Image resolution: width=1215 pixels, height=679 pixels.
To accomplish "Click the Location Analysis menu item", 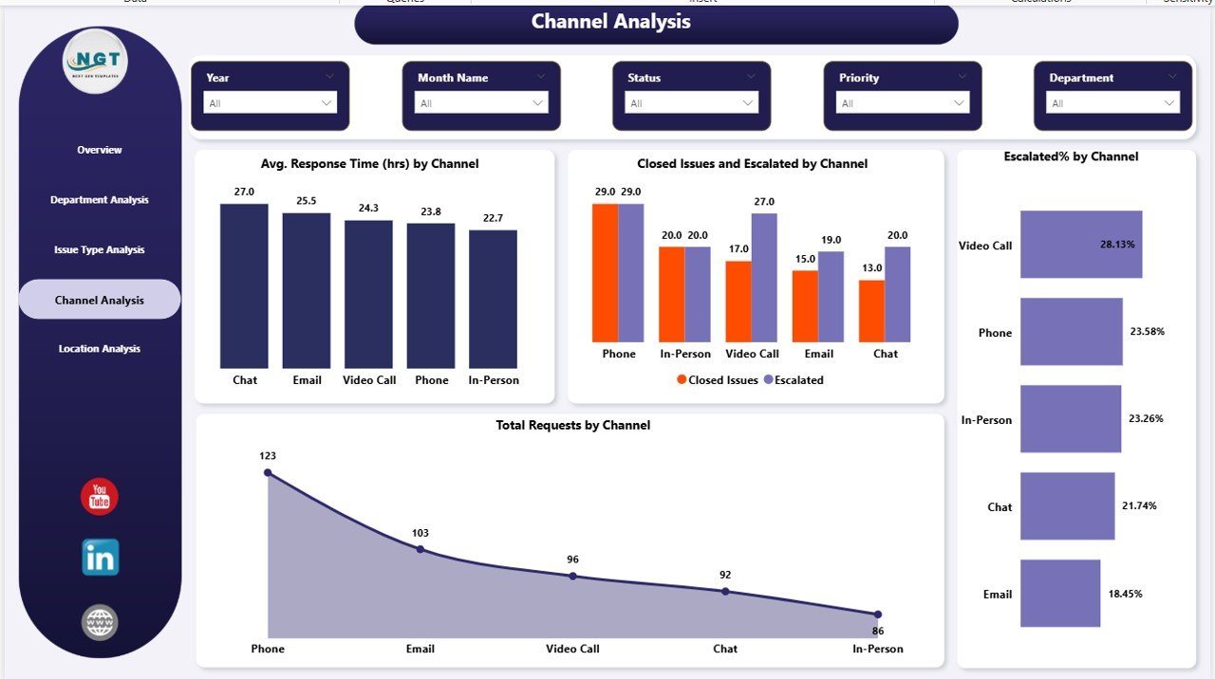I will tap(99, 349).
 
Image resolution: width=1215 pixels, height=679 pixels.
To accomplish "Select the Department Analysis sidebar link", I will tap(99, 200).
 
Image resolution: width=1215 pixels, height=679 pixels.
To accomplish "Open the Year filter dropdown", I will tap(270, 103).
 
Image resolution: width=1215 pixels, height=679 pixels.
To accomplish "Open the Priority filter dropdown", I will tap(902, 103).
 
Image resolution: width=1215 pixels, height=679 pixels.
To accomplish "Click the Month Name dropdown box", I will tap(481, 103).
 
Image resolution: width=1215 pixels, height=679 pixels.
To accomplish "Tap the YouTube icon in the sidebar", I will tap(100, 497).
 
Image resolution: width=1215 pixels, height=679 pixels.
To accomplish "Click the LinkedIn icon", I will tap(100, 558).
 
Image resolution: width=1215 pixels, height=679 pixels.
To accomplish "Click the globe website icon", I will tap(100, 623).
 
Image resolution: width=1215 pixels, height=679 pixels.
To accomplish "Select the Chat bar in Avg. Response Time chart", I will tap(244, 285).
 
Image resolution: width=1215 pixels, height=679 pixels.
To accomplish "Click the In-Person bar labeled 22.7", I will tap(493, 299).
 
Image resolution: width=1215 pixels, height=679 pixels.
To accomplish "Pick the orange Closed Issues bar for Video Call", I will tap(738, 302).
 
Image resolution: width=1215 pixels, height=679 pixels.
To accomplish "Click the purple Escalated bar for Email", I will tap(832, 296).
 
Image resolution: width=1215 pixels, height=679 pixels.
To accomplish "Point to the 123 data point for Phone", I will tap(268, 472).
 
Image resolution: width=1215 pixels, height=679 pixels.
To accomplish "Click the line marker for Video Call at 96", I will tap(572, 576).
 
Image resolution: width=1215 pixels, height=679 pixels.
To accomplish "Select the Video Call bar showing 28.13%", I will tap(1081, 245).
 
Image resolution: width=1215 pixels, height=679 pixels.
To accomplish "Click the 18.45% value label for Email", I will tap(1125, 594).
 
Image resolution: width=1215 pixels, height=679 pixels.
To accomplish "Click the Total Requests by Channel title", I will tap(572, 426).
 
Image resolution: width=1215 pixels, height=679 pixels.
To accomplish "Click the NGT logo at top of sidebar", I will tap(94, 62).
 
